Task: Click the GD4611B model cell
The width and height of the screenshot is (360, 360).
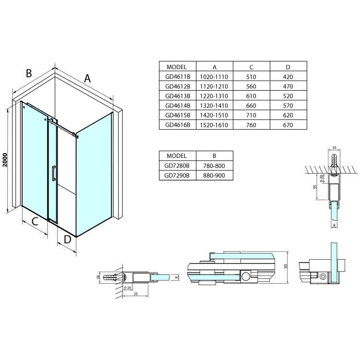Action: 178,76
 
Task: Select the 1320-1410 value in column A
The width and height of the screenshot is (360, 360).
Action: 214,106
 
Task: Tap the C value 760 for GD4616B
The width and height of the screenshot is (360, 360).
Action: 251,125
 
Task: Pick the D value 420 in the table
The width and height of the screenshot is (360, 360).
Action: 288,77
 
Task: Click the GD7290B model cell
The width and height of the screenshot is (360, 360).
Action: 177,175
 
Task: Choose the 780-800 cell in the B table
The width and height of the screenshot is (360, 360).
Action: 214,166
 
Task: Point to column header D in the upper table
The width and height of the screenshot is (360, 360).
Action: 288,67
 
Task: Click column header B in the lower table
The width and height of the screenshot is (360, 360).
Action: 214,156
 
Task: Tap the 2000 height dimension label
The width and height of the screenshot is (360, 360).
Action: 5,160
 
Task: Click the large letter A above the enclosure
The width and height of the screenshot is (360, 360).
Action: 87,78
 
